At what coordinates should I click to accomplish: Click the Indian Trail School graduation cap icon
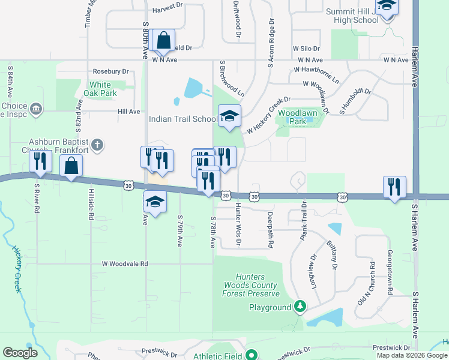tap(229, 116)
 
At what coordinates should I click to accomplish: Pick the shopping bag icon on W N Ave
tap(163, 41)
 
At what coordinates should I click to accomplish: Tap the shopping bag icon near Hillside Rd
tap(71, 166)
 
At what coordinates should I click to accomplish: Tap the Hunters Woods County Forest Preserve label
tap(251, 285)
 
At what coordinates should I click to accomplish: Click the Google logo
tap(20, 353)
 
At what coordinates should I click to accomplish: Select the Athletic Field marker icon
tap(252, 356)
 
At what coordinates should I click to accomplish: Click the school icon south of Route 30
tap(155, 202)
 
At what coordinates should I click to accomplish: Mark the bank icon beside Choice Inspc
tap(37, 109)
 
